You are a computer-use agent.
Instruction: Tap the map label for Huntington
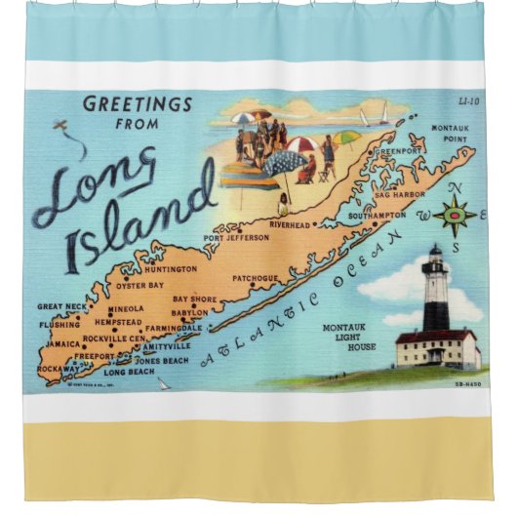[x=172, y=269]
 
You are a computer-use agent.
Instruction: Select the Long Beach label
[x=129, y=373]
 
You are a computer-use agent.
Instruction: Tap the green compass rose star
[x=456, y=212]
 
